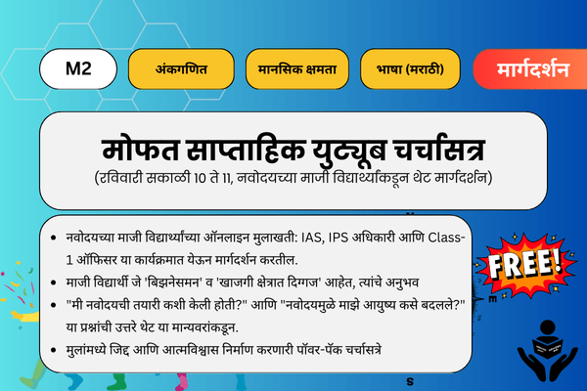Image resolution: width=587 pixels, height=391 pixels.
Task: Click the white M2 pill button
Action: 78,70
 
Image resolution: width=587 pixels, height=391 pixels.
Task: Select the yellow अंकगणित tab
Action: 182,70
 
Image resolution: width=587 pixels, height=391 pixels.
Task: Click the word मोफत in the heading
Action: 136,152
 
